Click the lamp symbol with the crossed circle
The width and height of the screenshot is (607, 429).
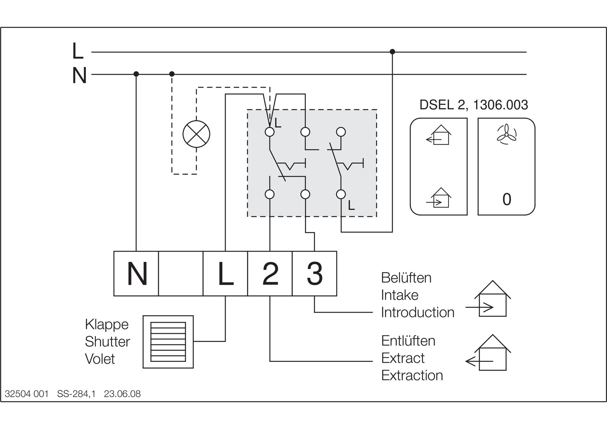[196, 134]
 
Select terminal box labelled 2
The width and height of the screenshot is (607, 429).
[270, 274]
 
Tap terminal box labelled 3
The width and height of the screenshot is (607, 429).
[315, 274]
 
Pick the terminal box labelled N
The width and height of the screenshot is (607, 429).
[136, 274]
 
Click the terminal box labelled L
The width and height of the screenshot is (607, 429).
[225, 274]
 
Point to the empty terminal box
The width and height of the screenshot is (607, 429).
[181, 274]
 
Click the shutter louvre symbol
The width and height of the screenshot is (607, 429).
[168, 342]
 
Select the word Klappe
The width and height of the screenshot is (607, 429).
[107, 325]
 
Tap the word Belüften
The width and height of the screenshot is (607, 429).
[406, 278]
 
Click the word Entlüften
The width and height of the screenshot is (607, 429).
[408, 341]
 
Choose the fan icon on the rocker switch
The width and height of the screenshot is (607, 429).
[506, 134]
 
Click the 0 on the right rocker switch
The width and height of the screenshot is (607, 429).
[506, 199]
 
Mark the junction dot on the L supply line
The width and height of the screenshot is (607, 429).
[392, 52]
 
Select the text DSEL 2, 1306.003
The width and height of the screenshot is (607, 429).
[474, 105]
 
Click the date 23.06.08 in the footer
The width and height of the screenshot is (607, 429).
[122, 394]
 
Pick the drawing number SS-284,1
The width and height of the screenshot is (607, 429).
[76, 394]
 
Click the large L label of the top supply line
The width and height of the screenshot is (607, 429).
[78, 51]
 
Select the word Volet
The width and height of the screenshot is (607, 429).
[100, 359]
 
